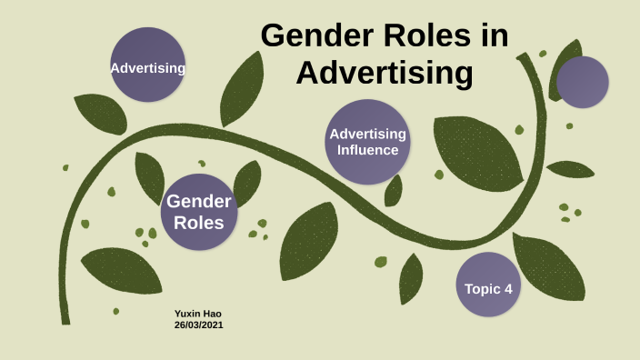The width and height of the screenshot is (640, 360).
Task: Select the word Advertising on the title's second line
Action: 385,73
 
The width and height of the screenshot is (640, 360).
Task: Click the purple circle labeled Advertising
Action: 147,65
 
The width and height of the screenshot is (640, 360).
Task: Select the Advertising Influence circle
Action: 367,142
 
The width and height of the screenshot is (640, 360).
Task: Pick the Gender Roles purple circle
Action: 199,211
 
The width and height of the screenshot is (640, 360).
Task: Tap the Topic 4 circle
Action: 488,285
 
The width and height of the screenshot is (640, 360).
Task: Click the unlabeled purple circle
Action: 582,82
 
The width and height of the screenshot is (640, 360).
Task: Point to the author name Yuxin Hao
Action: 197,314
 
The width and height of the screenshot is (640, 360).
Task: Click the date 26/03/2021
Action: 199,325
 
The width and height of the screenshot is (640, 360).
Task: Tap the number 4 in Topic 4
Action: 508,289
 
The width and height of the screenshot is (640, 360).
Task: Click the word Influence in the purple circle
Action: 368,150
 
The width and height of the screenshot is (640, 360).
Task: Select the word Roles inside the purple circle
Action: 199,221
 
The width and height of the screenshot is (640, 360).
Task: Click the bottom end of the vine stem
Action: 65,318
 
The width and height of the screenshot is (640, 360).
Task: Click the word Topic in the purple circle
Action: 481,289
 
